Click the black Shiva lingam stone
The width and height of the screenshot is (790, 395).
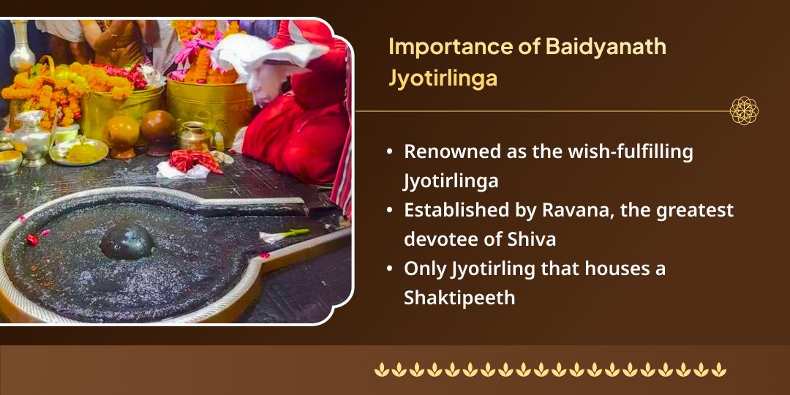point(127,241)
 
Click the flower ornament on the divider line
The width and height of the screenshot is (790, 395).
point(744,110)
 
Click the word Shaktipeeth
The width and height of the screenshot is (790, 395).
point(459,298)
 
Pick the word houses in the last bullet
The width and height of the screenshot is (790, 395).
point(603,268)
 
